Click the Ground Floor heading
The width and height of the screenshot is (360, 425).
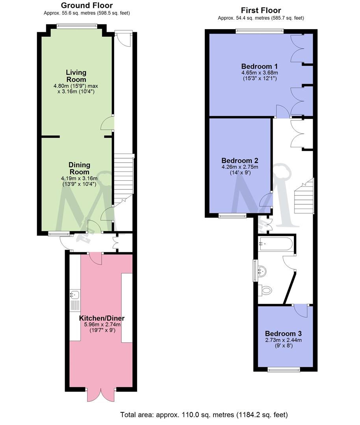(x=87, y=6)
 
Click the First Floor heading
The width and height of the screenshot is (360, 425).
(x=261, y=10)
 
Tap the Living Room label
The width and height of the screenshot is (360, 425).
(x=76, y=76)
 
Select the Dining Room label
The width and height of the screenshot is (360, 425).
(x=80, y=168)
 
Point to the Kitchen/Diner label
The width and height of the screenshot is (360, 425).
(x=102, y=318)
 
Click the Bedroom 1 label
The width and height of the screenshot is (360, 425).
(x=260, y=66)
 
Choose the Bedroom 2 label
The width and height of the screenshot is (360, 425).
(x=239, y=161)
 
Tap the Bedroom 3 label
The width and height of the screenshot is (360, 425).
(x=283, y=333)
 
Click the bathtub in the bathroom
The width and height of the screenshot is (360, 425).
(x=276, y=244)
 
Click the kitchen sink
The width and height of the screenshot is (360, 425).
(x=75, y=294)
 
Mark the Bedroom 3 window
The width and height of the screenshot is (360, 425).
(x=283, y=370)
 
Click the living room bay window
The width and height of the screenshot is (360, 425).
(x=77, y=26)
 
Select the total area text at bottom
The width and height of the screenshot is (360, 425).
(x=204, y=415)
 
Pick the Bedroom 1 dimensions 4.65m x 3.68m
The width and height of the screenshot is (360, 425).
(x=260, y=73)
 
